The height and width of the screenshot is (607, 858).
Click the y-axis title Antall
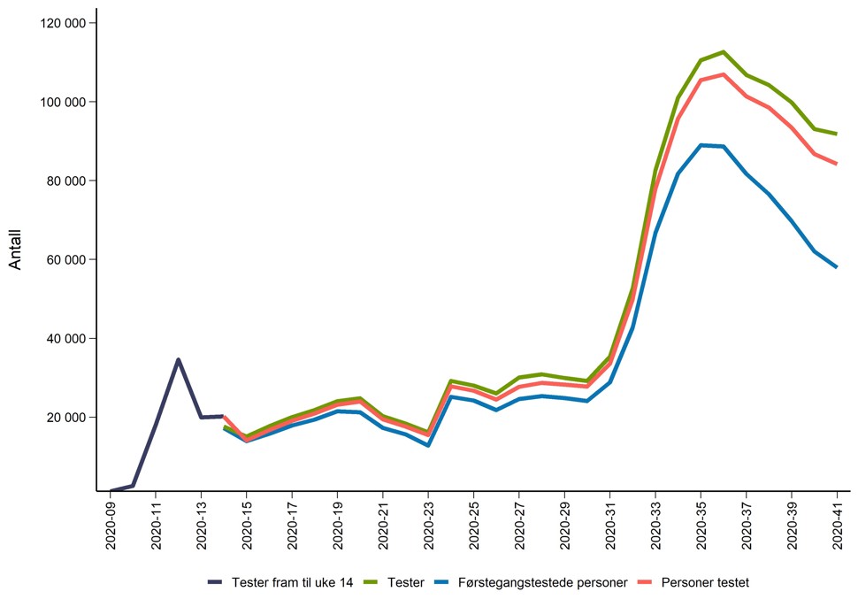(15, 250)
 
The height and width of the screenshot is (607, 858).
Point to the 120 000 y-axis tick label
(63, 23)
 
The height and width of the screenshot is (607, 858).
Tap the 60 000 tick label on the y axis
(66, 259)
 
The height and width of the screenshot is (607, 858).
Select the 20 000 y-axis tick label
(66, 417)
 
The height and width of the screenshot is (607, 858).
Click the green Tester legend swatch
(372, 582)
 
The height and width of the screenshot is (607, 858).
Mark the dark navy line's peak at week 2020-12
(179, 359)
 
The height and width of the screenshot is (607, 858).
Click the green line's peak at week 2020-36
(724, 52)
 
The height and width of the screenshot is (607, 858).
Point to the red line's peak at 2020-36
(724, 74)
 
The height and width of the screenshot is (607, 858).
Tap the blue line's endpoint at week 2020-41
(837, 266)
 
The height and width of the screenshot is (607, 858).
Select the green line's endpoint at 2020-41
(837, 134)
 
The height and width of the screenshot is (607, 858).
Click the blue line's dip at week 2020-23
(428, 445)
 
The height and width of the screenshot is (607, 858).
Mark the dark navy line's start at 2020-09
(111, 490)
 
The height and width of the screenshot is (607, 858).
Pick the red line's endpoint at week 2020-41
(837, 163)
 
